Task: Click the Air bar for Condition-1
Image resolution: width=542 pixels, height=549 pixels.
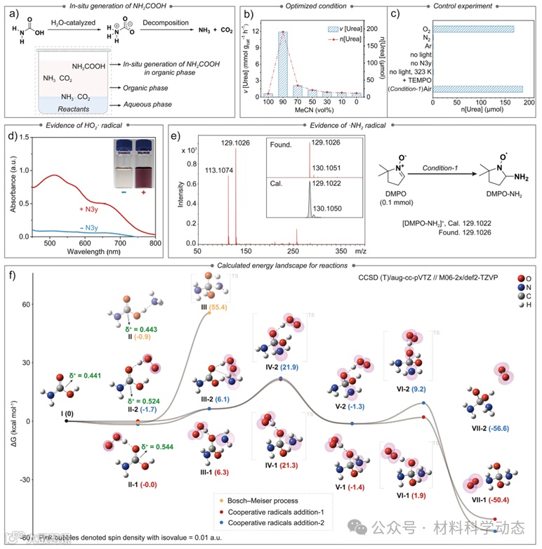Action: point(478,89)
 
